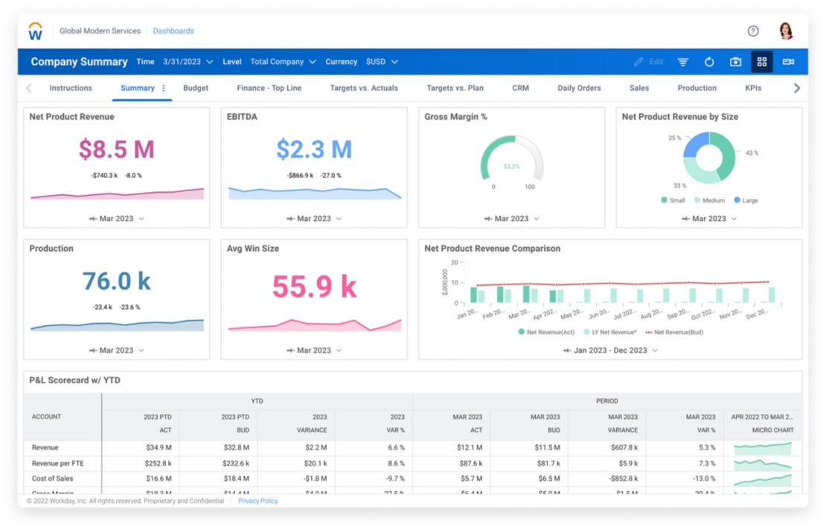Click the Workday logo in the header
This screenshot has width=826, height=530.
tap(35, 31)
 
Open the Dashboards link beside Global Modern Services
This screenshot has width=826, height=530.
tap(173, 31)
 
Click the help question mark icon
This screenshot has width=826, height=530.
tap(753, 31)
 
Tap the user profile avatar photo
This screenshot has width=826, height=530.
tap(786, 31)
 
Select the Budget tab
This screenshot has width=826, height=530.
tap(196, 88)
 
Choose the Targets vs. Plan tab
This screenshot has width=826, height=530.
tap(455, 88)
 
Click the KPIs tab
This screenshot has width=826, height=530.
tap(753, 88)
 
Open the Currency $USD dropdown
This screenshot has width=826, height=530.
tap(381, 62)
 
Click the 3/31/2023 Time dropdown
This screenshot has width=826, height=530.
tap(188, 62)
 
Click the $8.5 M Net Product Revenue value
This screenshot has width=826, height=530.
tap(117, 150)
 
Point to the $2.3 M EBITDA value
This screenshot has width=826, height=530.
tap(314, 150)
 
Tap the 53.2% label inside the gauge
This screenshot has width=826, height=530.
tap(511, 167)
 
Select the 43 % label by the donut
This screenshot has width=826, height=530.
tap(752, 153)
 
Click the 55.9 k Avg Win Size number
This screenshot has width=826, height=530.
tap(314, 287)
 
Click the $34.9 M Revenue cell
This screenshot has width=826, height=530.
tap(157, 447)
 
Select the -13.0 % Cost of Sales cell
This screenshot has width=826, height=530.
tap(703, 479)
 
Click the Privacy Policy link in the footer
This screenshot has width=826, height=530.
tap(257, 501)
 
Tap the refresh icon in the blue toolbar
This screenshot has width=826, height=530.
tap(709, 62)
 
